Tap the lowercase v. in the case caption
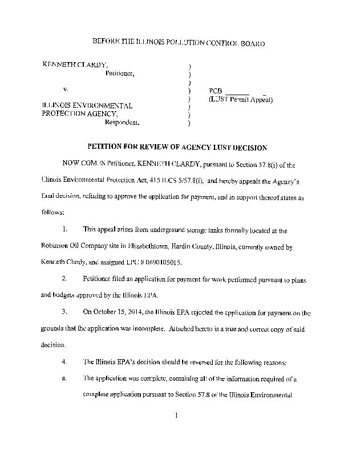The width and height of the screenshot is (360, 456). click(x=66, y=90)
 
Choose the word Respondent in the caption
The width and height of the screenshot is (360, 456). click(x=122, y=122)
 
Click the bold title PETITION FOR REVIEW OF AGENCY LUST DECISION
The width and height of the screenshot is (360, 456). click(x=177, y=148)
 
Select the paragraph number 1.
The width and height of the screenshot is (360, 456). click(x=66, y=230)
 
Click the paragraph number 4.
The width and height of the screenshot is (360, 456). click(x=66, y=361)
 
